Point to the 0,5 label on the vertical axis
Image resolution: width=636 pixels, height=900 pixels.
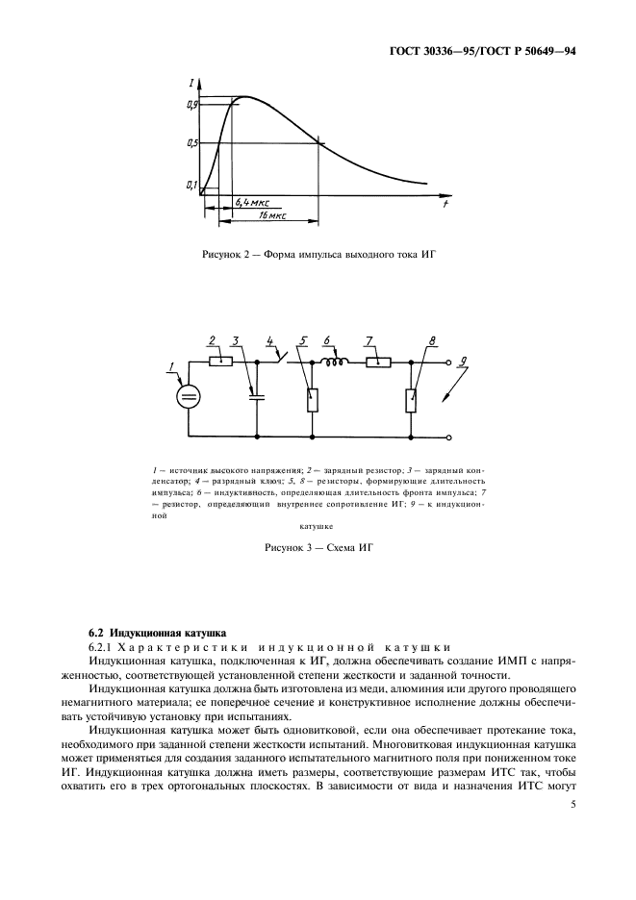point(192,143)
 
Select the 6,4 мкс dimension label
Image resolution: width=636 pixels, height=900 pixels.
point(251,204)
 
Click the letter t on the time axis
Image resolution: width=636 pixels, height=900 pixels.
point(445,204)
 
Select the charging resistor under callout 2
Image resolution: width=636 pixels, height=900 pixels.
point(222,362)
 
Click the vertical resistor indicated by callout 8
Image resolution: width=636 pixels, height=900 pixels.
point(412,398)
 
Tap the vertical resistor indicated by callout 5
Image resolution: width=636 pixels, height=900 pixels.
point(312,398)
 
